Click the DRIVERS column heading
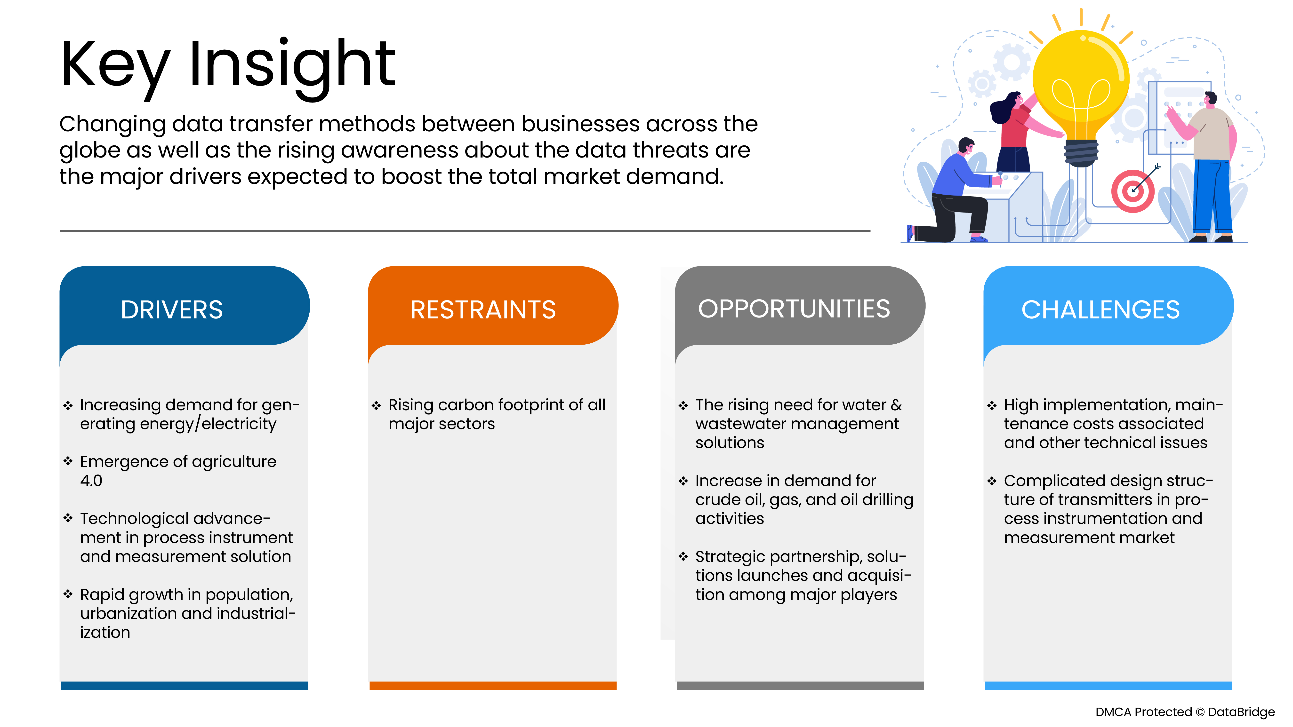(172, 309)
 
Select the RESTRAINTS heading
(483, 309)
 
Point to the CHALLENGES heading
(1100, 309)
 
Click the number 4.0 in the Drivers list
(91, 481)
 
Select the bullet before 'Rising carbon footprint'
(377, 405)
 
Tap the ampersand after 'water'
(896, 405)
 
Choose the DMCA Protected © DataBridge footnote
(1185, 712)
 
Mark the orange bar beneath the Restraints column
(493, 685)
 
